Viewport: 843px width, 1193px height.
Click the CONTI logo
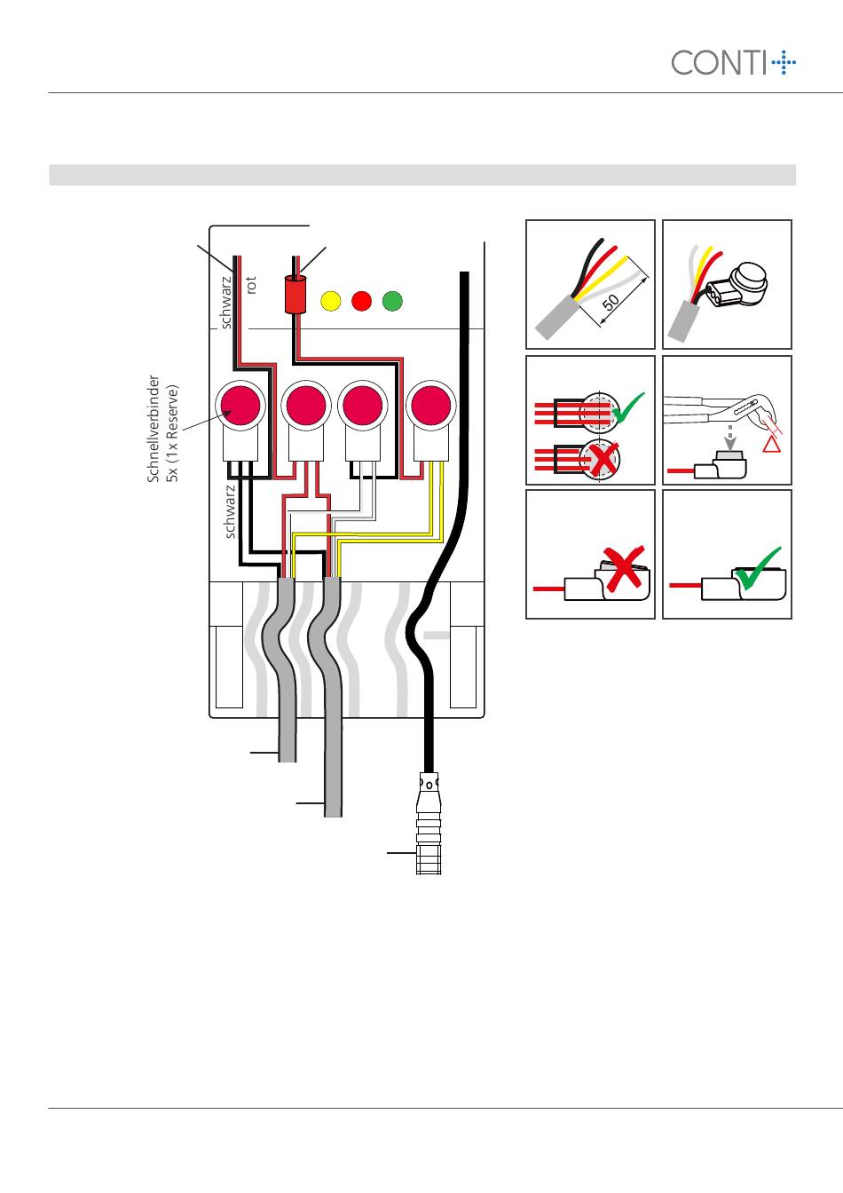pyautogui.click(x=733, y=62)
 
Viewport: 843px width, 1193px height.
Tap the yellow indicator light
pyautogui.click(x=331, y=301)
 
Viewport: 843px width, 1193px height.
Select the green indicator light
pyautogui.click(x=392, y=301)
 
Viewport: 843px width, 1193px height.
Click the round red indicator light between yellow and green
pyautogui.click(x=361, y=301)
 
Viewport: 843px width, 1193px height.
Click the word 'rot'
pyautogui.click(x=251, y=285)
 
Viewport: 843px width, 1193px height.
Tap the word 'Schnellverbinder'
pyautogui.click(x=154, y=429)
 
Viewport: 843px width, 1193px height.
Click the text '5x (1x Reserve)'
pyautogui.click(x=172, y=433)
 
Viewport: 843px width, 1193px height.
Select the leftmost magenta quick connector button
pyautogui.click(x=240, y=406)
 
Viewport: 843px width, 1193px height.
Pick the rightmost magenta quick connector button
pyautogui.click(x=431, y=406)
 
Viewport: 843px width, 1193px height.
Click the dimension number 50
pyautogui.click(x=611, y=303)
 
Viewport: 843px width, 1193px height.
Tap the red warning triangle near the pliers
pyautogui.click(x=772, y=444)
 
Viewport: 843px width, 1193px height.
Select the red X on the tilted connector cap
pyautogui.click(x=624, y=569)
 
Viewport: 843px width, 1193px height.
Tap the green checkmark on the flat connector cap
pyautogui.click(x=757, y=568)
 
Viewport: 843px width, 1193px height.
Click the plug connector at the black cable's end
pyautogui.click(x=429, y=824)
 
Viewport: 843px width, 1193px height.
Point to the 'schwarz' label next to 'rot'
pyautogui.click(x=226, y=302)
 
